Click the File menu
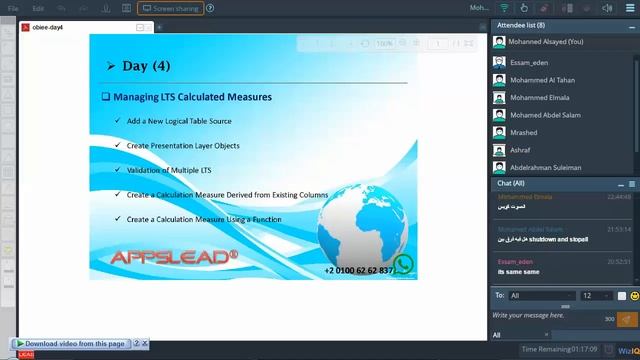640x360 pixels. coord(12,8)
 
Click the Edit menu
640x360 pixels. coord(38,8)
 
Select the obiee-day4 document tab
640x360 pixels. coord(48,27)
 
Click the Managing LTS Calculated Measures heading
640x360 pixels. coord(191,97)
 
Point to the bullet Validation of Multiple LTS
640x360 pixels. coord(169,170)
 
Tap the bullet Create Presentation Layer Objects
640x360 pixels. coord(183,145)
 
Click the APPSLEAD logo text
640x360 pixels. coord(174,257)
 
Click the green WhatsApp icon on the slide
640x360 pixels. coord(403,265)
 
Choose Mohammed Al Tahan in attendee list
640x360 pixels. coord(543,80)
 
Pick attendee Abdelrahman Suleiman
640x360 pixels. coord(545,167)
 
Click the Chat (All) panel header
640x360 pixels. coord(512,184)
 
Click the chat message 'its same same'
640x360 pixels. coord(519,272)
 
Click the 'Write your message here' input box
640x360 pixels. coord(545,316)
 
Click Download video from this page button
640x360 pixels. coord(75,344)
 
